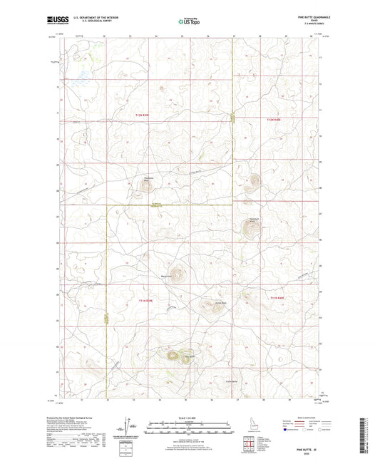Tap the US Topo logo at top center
[x=189, y=22]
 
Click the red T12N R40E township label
[x=274, y=120]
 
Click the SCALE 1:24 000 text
[x=190, y=418]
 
